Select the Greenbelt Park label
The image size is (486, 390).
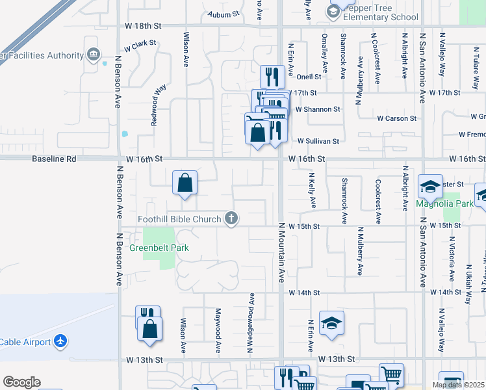coord(159,248)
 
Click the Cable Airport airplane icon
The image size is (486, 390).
coord(60,341)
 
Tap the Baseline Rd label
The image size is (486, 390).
coord(54,159)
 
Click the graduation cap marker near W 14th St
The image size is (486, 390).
coord(331,322)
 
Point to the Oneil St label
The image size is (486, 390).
coord(309,77)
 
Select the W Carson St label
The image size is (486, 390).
coord(396,118)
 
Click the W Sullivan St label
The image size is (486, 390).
coord(318,141)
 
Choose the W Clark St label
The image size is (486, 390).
coord(140,46)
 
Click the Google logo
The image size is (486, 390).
coord(21,382)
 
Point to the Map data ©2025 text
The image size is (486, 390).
coord(459,385)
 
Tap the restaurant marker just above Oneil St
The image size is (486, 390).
coord(271,77)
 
